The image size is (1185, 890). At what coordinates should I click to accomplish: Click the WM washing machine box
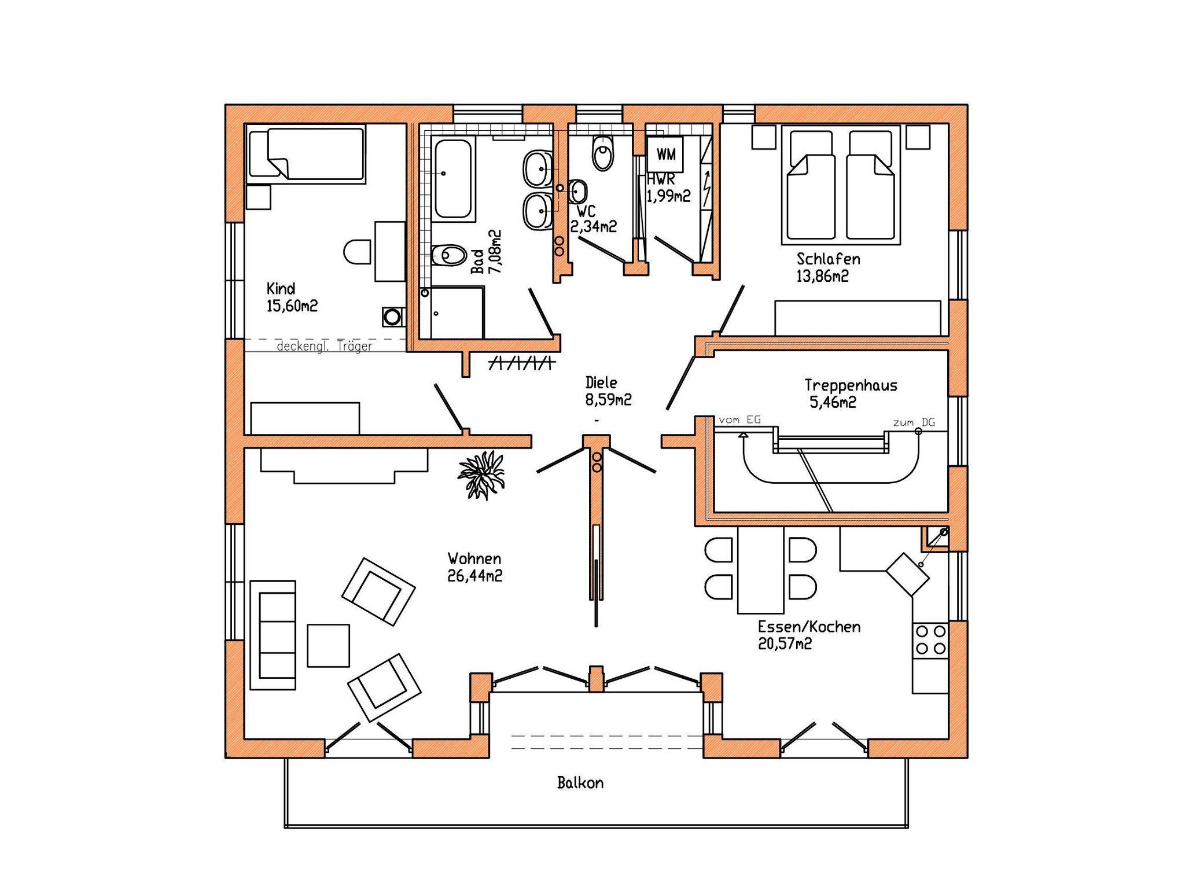click(665, 154)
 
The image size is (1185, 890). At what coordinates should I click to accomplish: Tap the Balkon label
click(580, 783)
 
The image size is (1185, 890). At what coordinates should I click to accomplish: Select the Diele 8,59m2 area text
click(608, 400)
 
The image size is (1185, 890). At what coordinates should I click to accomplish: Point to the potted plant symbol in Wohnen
click(481, 474)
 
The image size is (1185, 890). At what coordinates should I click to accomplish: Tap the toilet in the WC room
click(602, 153)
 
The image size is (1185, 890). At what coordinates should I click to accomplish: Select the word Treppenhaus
click(851, 385)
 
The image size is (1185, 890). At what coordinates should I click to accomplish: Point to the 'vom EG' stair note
click(739, 420)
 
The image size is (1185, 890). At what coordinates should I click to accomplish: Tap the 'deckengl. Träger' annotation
click(325, 347)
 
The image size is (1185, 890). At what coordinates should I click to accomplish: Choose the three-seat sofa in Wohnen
click(273, 635)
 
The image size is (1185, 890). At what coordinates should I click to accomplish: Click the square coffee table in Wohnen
click(328, 645)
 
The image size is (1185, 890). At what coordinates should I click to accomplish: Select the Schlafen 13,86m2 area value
click(822, 276)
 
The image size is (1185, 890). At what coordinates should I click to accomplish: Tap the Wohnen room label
click(474, 558)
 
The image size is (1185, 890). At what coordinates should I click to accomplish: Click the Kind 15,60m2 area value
click(292, 306)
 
